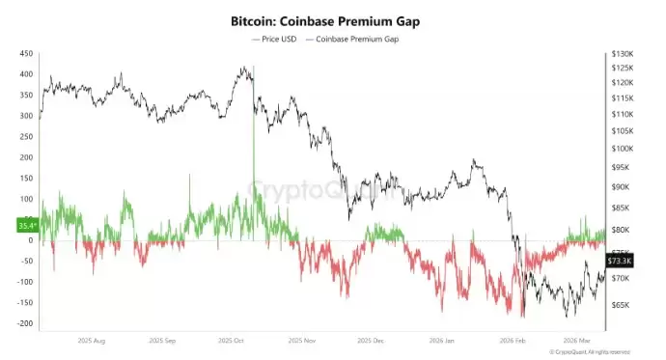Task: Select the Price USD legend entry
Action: tap(275, 39)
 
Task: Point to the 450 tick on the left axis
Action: tap(26, 54)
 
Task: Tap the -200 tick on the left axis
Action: tap(24, 323)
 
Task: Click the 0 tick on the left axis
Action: tap(31, 240)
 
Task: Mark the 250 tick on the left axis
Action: tap(26, 137)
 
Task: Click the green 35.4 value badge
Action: tap(27, 226)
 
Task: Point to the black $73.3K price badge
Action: tap(620, 262)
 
